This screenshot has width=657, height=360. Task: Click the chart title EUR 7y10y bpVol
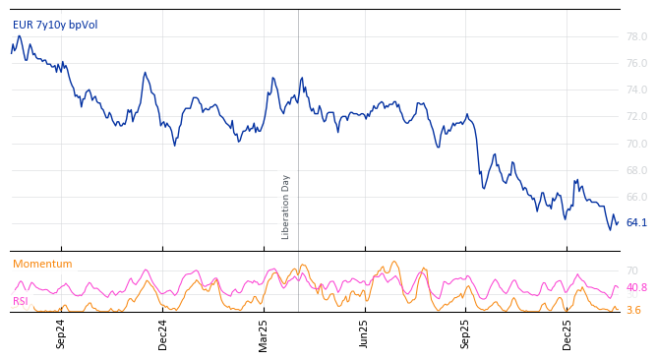click(x=55, y=25)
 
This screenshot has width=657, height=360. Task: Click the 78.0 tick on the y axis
click(x=636, y=37)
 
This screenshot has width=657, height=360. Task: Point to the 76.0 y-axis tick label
click(x=636, y=64)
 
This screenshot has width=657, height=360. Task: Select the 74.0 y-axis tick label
click(x=636, y=90)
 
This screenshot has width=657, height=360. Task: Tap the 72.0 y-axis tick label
click(x=636, y=117)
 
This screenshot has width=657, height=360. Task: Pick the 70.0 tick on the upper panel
click(x=636, y=144)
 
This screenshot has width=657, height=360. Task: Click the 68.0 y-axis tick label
click(x=636, y=170)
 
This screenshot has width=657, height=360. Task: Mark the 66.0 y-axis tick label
click(x=636, y=197)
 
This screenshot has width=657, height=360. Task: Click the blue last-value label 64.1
click(x=636, y=223)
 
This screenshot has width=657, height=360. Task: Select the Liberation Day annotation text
click(x=286, y=207)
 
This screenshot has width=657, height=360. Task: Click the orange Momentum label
click(x=42, y=264)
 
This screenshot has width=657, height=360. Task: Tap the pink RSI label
click(x=21, y=301)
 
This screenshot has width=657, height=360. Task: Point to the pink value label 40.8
click(x=636, y=288)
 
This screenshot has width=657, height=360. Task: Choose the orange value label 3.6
click(x=633, y=311)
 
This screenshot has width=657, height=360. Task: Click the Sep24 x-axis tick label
click(x=61, y=334)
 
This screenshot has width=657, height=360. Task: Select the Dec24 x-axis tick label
click(x=163, y=334)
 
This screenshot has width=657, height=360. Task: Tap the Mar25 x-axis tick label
click(x=264, y=334)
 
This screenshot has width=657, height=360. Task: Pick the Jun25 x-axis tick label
click(x=365, y=334)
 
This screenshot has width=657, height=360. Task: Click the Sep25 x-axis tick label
click(x=466, y=334)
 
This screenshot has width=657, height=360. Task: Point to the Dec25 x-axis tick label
click(x=567, y=334)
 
